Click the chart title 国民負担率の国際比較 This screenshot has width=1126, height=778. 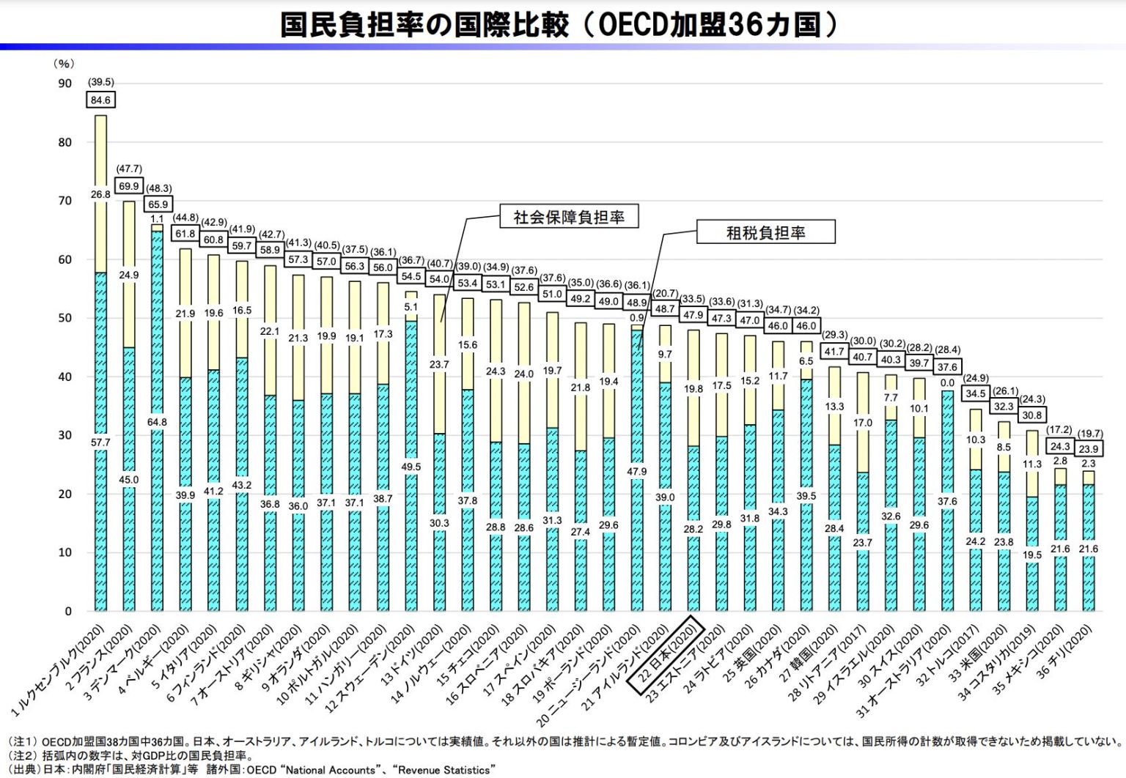(x=424, y=24)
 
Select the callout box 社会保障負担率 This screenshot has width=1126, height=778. (x=569, y=217)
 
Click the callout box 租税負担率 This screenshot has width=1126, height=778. (x=765, y=233)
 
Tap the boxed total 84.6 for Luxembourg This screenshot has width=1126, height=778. (x=100, y=100)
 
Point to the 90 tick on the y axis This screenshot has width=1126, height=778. (x=65, y=84)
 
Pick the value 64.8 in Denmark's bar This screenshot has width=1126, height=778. (x=157, y=422)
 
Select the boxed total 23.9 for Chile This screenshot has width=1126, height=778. (x=1089, y=448)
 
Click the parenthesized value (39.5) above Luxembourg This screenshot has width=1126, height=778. (x=100, y=82)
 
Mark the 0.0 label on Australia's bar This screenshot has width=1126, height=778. (x=947, y=382)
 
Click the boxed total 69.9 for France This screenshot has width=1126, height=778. (x=129, y=186)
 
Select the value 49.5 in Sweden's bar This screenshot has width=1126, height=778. (x=411, y=467)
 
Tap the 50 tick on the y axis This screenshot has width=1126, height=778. (x=65, y=318)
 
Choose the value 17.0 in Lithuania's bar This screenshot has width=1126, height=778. (x=863, y=423)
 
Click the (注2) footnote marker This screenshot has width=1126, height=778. (x=21, y=755)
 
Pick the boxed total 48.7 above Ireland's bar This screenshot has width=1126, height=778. (x=665, y=309)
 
